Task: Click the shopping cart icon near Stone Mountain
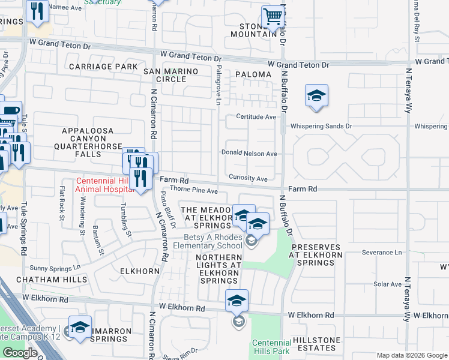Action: pos(273,16)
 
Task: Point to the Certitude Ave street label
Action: pos(256,116)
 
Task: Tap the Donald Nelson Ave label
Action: pos(249,154)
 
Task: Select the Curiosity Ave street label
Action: pos(248,179)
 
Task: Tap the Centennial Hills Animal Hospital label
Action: pos(103,185)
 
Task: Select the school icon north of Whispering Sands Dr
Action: pos(316,96)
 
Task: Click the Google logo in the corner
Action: pos(20,353)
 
